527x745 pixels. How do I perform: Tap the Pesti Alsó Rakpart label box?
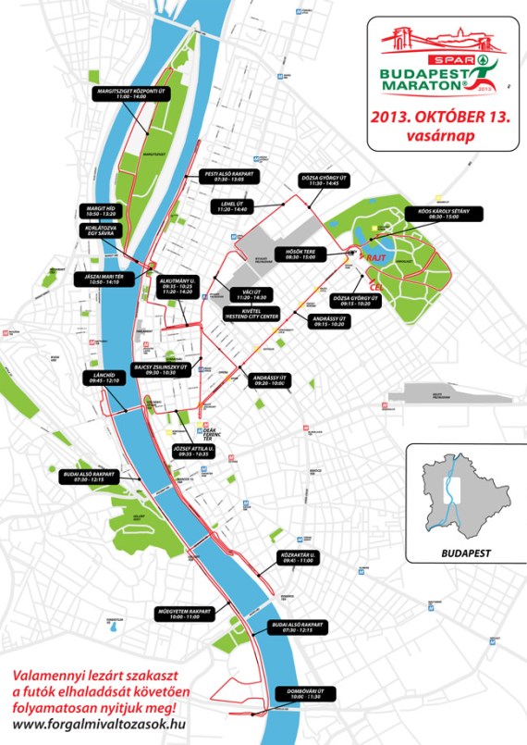click(231, 177)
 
